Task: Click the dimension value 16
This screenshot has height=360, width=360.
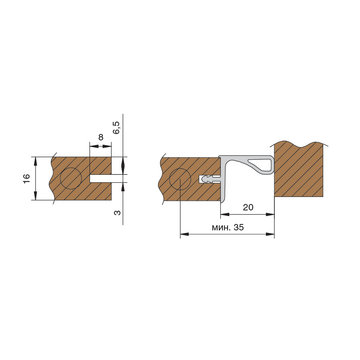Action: coord(27,178)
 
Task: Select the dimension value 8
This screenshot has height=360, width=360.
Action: coord(101,137)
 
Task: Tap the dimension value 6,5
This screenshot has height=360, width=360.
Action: coord(117,128)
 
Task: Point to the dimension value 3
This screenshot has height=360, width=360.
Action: coord(117,213)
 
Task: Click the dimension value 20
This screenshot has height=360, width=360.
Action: coord(248,207)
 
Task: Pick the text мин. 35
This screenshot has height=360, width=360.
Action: coord(228,227)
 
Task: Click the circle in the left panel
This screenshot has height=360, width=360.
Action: coord(71,178)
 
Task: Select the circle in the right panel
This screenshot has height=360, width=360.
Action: coord(180,179)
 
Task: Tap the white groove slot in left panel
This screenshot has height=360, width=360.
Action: coord(100,178)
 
